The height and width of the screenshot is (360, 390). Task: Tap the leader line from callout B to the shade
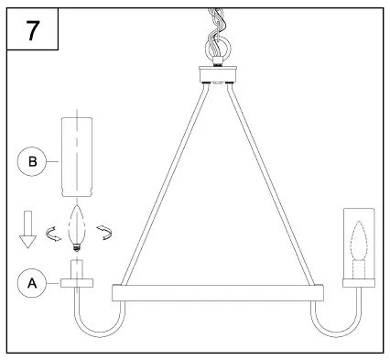pyautogui.click(x=54, y=161)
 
